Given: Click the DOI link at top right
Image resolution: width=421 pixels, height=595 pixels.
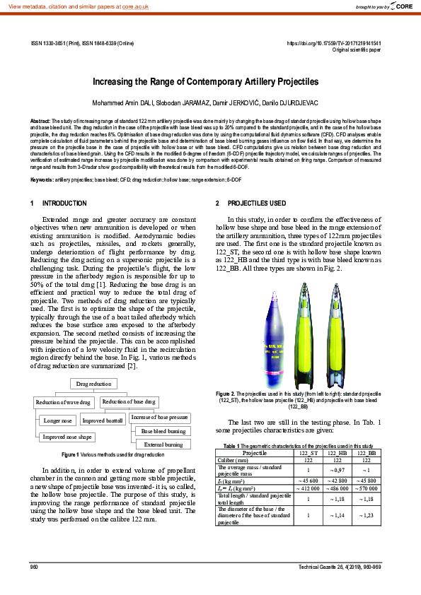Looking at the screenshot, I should (x=333, y=43).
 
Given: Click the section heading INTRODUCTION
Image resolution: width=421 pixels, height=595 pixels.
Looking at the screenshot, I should (x=64, y=204).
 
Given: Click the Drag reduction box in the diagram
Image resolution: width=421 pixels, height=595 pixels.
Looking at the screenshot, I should (x=93, y=384).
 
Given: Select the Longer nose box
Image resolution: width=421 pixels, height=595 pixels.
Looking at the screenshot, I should (x=58, y=420).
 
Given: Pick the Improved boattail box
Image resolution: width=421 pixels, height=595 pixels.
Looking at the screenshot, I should (x=102, y=420).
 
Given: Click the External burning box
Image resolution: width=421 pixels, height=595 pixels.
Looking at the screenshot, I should (x=163, y=444).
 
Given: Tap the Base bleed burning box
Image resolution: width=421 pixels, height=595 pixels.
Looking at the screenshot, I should (x=163, y=431).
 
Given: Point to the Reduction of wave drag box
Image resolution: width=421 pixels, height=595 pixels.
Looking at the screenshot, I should (x=64, y=402).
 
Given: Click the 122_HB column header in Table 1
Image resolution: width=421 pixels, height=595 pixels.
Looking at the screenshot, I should (x=338, y=452).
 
